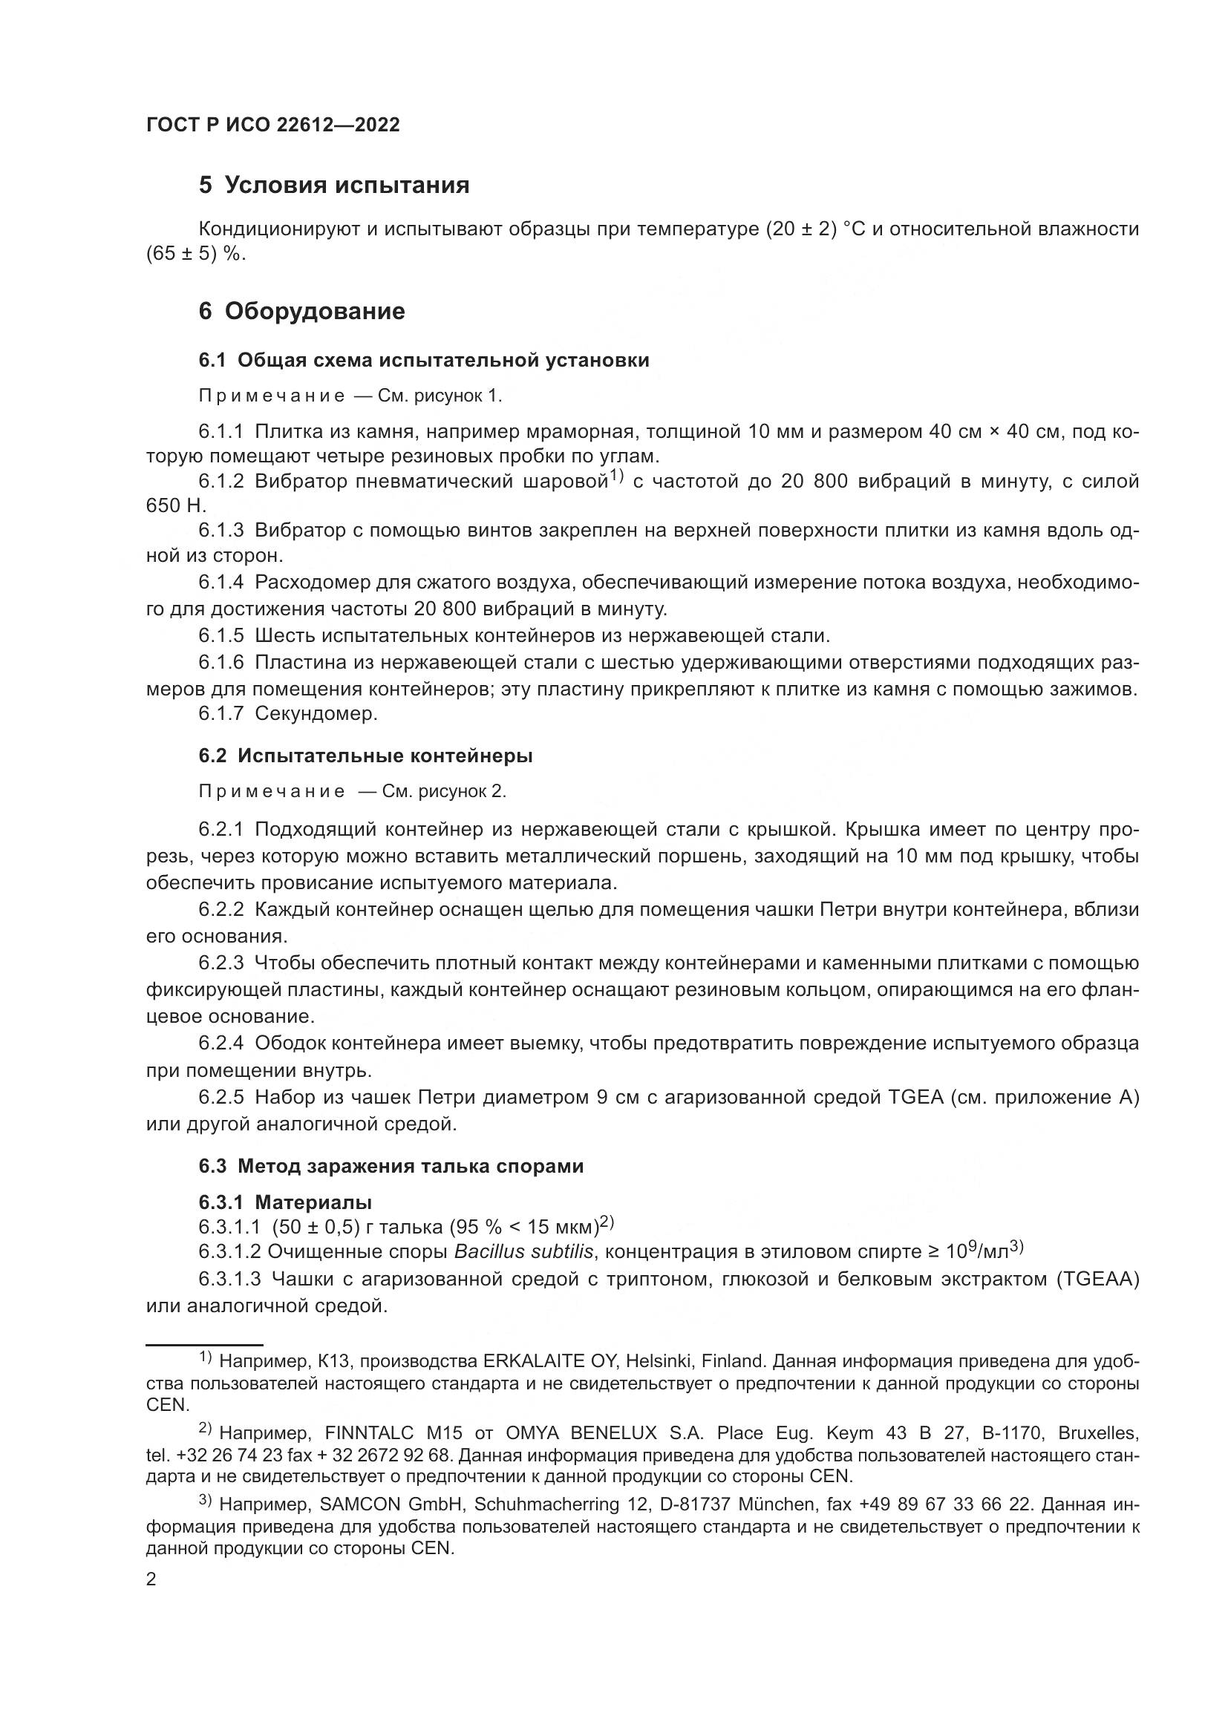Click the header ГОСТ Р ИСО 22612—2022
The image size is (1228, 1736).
pos(273,125)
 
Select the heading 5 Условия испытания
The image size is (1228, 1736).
pos(333,186)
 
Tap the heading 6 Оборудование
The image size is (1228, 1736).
pos(301,311)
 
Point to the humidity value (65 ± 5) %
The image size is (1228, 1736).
pos(197,255)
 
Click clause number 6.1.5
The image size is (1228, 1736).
pos(221,636)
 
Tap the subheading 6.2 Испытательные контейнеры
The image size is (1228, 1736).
pos(365,756)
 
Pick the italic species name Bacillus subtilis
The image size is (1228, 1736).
pos(523,1251)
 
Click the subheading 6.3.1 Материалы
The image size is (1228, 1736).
pos(285,1202)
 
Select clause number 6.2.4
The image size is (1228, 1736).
pos(221,1044)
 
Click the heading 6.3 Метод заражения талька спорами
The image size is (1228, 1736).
pos(391,1166)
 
